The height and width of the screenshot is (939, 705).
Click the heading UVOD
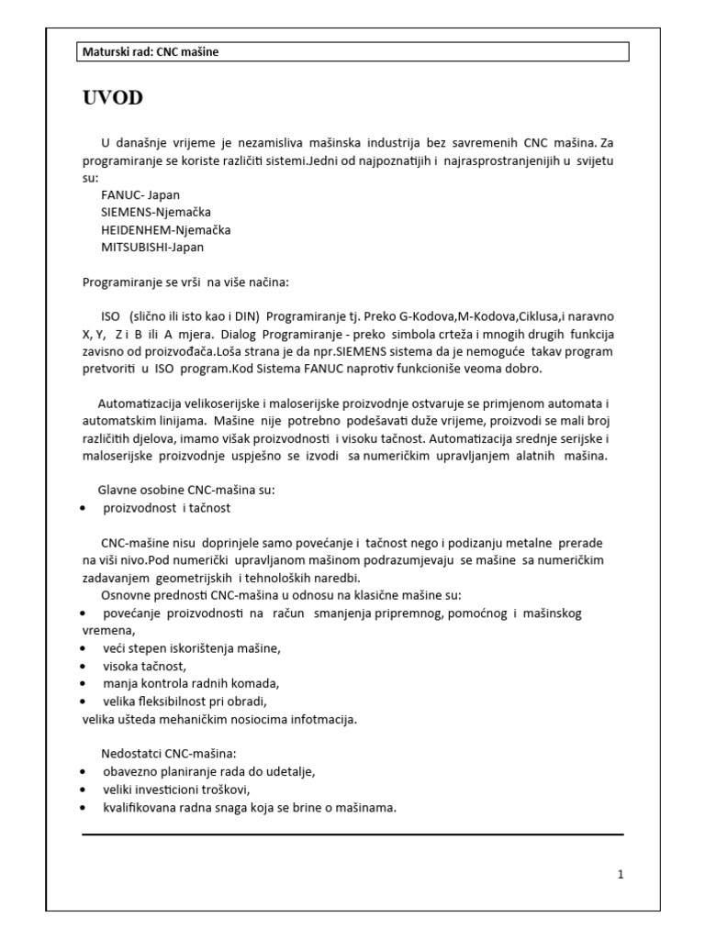(113, 98)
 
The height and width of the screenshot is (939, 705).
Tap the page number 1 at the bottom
(621, 874)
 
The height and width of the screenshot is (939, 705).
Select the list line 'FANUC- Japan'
(140, 195)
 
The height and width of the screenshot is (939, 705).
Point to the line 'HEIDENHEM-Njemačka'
(165, 229)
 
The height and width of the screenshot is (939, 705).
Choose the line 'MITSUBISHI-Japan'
(152, 247)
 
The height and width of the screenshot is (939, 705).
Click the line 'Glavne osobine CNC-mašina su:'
(186, 490)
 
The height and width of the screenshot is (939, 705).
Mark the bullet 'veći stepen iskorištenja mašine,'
(191, 648)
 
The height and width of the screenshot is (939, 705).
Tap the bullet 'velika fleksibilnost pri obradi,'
(185, 701)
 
